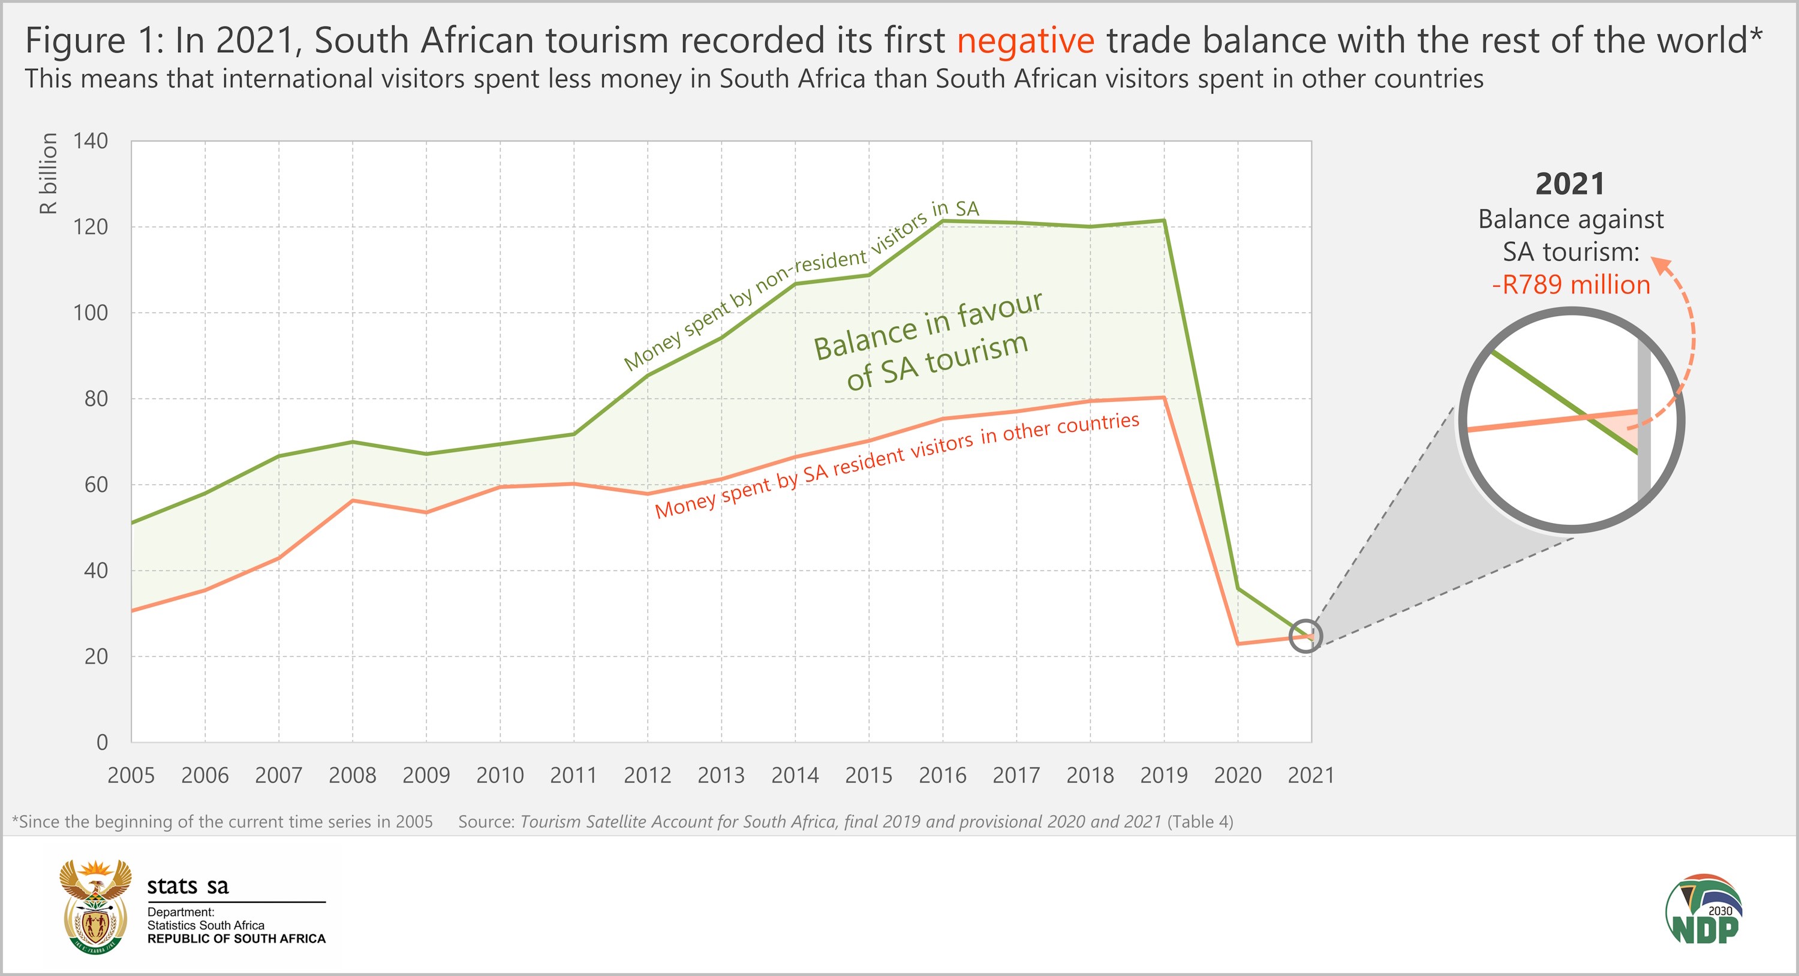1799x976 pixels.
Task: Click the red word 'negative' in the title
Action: tap(1025, 41)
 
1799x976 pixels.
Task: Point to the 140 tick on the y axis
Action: tap(91, 141)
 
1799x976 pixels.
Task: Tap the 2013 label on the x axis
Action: tap(721, 775)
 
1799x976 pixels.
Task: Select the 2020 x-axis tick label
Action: tap(1238, 775)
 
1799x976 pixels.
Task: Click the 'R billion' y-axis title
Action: tap(47, 173)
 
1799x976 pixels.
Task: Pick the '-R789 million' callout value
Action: tap(1571, 284)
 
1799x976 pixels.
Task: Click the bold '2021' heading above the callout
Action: tap(1570, 184)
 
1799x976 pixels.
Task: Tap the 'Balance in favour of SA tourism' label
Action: tap(929, 341)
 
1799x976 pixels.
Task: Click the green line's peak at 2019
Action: tap(1163, 221)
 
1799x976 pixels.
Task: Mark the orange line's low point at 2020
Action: tap(1238, 644)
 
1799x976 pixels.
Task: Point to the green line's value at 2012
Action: tap(648, 376)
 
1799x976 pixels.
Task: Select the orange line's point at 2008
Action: tap(353, 500)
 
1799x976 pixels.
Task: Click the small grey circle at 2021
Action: tap(1305, 636)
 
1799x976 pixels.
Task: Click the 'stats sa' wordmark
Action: tap(188, 886)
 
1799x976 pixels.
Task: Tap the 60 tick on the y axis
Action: tap(96, 485)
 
